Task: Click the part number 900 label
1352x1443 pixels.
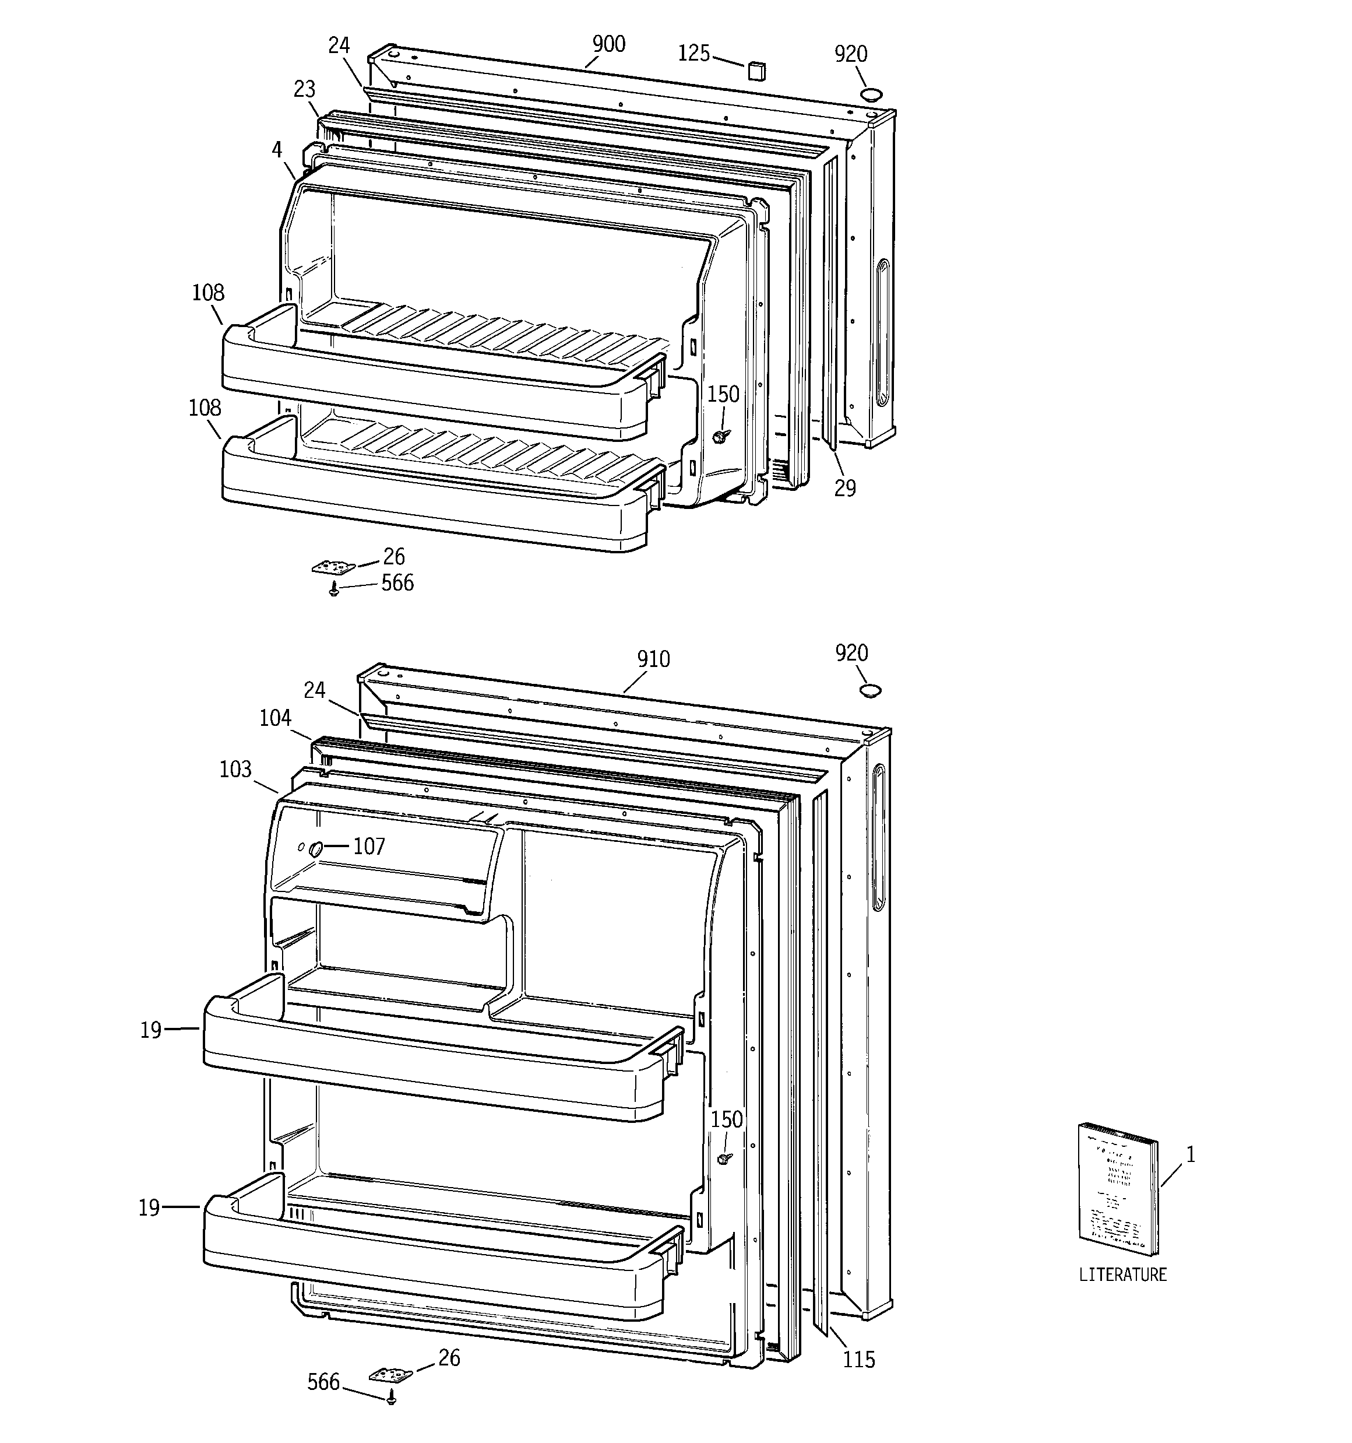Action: point(608,44)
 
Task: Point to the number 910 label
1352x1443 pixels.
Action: point(653,659)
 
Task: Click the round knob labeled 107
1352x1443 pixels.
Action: point(316,848)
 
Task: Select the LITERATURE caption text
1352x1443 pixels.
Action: point(1122,1275)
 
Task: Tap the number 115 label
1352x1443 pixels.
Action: point(858,1360)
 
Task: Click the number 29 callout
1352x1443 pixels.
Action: point(845,489)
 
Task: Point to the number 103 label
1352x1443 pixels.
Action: point(235,770)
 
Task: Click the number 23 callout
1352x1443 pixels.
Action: point(304,89)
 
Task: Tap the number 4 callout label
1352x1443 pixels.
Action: point(276,149)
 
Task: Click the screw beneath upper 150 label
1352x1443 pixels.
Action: point(721,436)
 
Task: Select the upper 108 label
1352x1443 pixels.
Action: point(207,293)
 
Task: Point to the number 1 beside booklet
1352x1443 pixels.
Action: point(1190,1155)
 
